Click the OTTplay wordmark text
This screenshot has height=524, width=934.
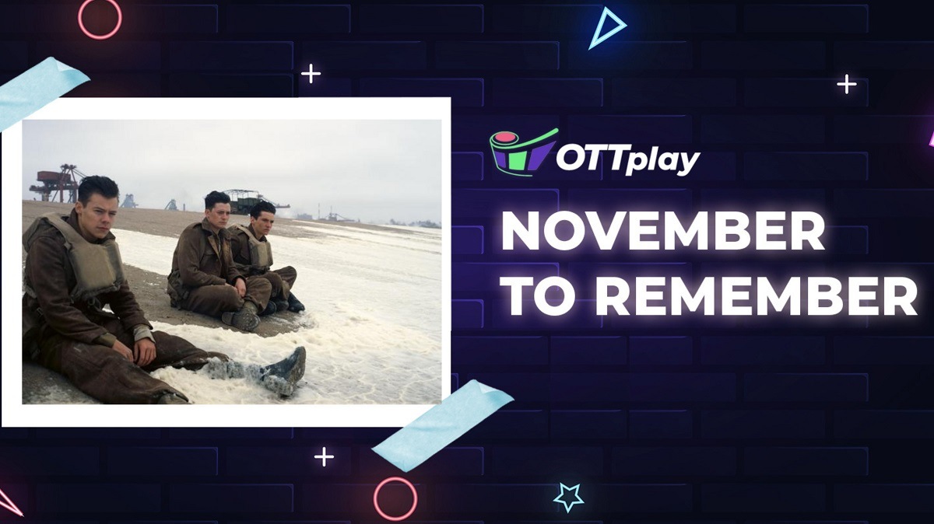tap(627, 159)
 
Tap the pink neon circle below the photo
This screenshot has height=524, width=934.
tap(395, 498)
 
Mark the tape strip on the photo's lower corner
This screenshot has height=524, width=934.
tap(442, 424)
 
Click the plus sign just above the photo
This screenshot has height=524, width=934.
tap(311, 74)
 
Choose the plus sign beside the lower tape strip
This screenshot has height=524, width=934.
tap(324, 456)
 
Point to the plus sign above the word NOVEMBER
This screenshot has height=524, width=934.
tap(846, 84)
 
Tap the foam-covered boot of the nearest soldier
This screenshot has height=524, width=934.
tap(283, 370)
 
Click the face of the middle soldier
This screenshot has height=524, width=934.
tap(217, 212)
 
